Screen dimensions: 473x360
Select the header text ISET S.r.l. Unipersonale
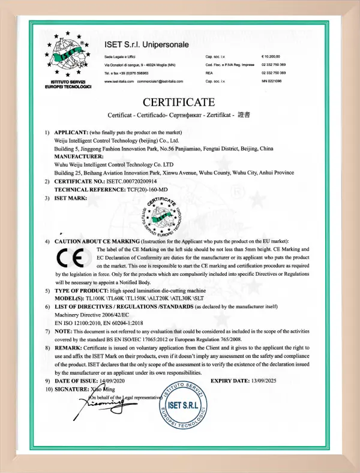(147, 44)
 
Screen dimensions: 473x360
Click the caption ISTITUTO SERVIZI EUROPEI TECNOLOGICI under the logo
(68, 85)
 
